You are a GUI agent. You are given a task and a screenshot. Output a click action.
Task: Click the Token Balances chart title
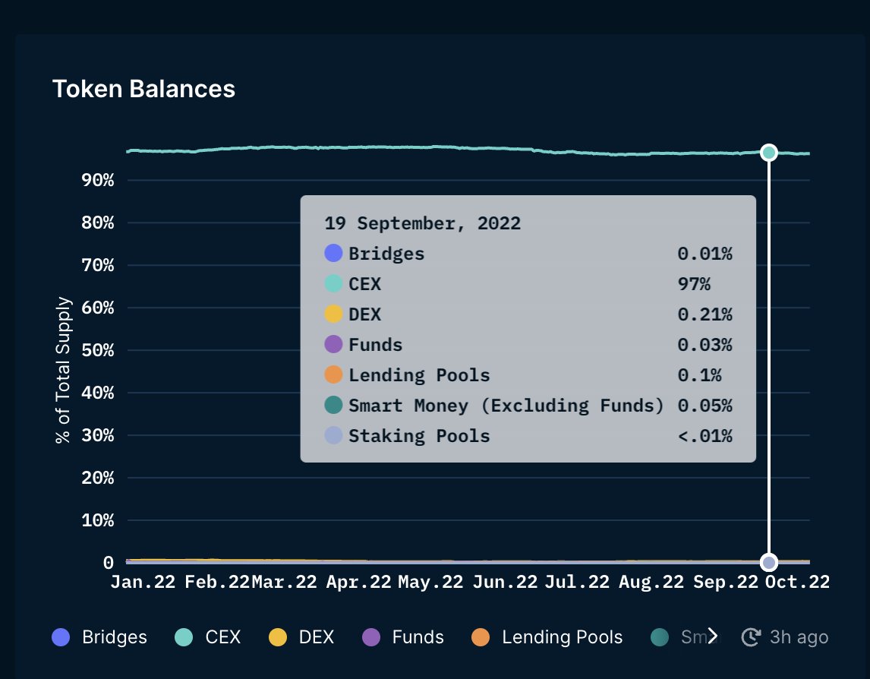(143, 89)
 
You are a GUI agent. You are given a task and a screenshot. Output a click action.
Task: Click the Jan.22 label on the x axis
(143, 582)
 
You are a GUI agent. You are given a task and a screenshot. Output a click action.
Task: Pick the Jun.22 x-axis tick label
(504, 582)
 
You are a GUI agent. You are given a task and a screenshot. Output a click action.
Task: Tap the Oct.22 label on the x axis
(797, 582)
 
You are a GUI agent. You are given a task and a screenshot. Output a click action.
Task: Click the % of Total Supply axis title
(64, 370)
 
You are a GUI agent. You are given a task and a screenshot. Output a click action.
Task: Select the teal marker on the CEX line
(769, 153)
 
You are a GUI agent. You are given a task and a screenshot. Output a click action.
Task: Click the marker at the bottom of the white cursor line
(769, 563)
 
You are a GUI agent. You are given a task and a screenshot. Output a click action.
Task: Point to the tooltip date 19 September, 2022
(423, 223)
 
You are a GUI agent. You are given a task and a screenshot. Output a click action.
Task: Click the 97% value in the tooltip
(694, 284)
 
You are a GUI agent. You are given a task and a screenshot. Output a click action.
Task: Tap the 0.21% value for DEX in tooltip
(705, 314)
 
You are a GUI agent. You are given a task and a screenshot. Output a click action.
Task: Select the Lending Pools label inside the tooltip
(419, 375)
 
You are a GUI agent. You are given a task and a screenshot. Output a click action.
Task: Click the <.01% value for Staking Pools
(705, 436)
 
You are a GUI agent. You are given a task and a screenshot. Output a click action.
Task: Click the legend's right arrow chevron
(712, 636)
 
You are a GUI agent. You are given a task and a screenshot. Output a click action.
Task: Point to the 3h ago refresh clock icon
(751, 637)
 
